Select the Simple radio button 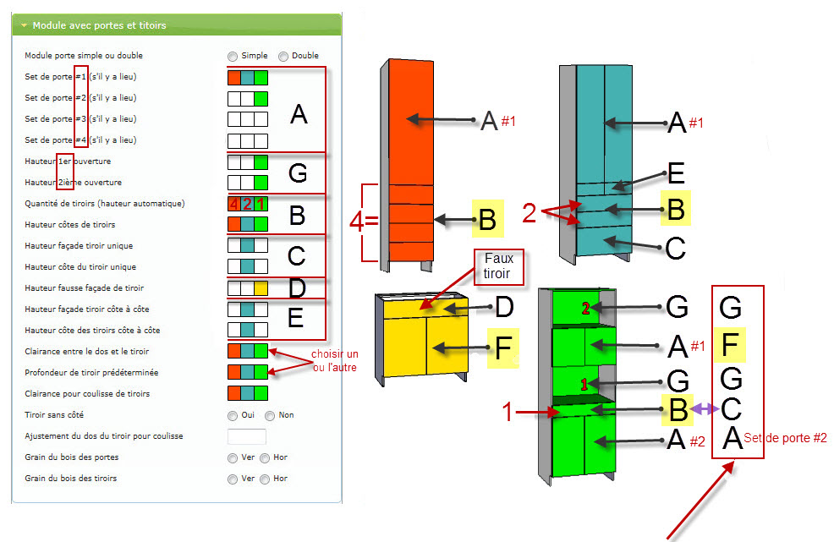(x=233, y=56)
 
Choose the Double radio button (x=283, y=56)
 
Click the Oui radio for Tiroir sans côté (x=233, y=415)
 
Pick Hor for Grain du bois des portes (x=265, y=457)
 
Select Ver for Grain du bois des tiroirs (x=233, y=479)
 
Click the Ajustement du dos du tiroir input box (x=247, y=436)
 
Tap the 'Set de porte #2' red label (x=786, y=438)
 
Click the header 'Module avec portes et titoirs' (x=99, y=25)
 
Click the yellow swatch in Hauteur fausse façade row (x=261, y=287)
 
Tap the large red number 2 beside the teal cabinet (x=529, y=213)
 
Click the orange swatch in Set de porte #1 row (x=234, y=77)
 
